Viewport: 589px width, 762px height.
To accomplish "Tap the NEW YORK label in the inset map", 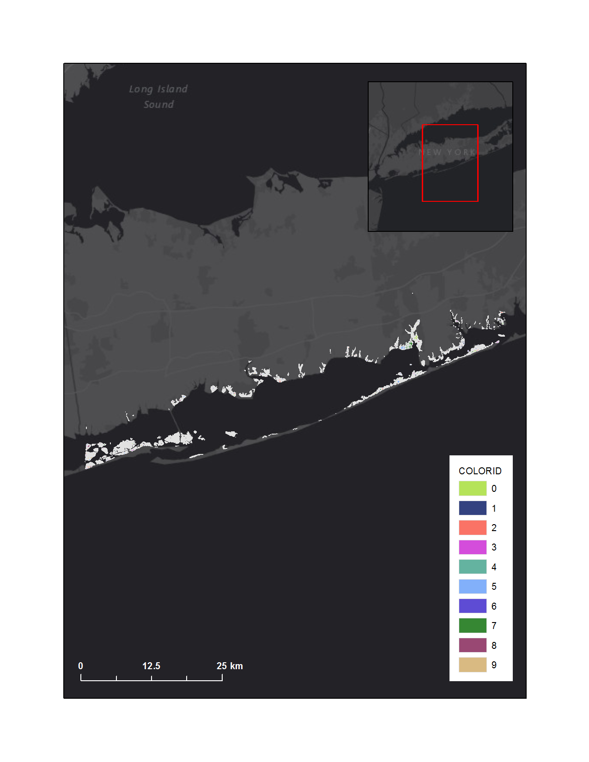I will pos(447,152).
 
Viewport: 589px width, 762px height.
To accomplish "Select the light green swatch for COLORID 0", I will pos(472,488).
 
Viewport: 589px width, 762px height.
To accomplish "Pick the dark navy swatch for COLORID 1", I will pos(472,508).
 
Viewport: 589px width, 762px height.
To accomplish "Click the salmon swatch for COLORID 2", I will pos(472,527).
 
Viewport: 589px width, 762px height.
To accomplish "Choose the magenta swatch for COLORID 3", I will pos(472,547).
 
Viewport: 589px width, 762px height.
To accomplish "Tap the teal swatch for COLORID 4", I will pos(472,567).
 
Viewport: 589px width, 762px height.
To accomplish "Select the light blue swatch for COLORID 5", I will pos(472,587).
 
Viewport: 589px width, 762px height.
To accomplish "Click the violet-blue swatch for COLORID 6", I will pos(472,606).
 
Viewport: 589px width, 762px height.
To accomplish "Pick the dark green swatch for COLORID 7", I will pos(472,625).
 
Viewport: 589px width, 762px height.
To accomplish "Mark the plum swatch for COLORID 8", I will pos(472,645).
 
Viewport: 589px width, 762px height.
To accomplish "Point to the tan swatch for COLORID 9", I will pos(472,665).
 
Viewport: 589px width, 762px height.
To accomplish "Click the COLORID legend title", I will pos(480,471).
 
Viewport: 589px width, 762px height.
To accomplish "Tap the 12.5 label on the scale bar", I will pos(151,666).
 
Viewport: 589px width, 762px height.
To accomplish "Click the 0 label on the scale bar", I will pos(80,666).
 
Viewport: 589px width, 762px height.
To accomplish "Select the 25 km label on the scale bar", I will pos(230,666).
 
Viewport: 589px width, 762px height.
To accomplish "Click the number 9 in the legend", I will pos(494,665).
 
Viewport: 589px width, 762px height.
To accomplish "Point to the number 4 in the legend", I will pos(494,567).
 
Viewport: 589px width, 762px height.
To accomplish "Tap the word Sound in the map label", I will pos(158,104).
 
